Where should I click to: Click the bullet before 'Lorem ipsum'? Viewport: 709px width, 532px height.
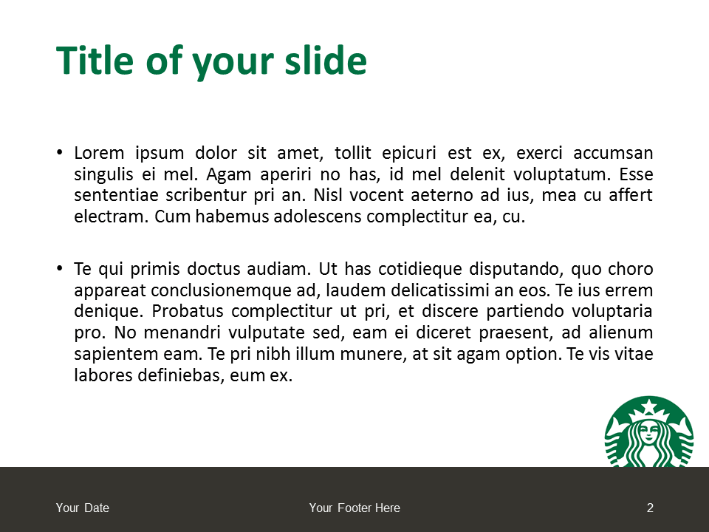tap(60, 152)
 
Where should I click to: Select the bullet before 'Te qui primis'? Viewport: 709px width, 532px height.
tap(60, 268)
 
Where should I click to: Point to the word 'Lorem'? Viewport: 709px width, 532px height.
tap(99, 153)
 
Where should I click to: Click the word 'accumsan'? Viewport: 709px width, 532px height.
tap(613, 153)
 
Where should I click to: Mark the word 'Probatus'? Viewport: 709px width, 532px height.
tap(187, 311)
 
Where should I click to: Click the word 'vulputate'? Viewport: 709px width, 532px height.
tap(266, 333)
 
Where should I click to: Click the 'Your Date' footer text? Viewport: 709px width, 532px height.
tap(82, 508)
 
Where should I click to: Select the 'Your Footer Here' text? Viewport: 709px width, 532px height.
tap(354, 508)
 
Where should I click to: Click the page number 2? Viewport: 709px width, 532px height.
tap(650, 508)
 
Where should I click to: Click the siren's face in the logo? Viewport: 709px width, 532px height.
tap(649, 432)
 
